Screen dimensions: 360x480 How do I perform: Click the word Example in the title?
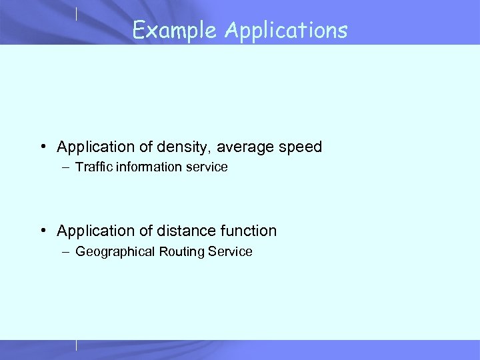(x=175, y=30)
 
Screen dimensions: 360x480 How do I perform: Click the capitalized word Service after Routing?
(x=230, y=251)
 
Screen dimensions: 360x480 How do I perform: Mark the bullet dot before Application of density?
(x=43, y=147)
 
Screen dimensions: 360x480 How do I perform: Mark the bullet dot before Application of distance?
(x=43, y=231)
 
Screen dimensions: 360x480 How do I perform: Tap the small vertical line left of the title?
(x=77, y=13)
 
